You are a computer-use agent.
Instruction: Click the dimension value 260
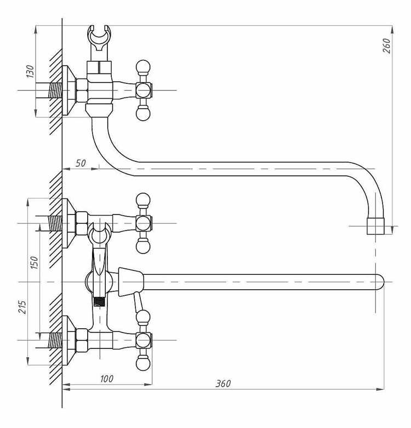click(x=387, y=46)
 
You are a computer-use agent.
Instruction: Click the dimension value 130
click(x=31, y=71)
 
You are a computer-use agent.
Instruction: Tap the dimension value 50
click(x=81, y=163)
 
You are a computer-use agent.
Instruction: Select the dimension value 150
click(x=35, y=263)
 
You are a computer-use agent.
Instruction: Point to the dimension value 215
click(x=22, y=307)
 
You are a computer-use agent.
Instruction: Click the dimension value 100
click(x=106, y=379)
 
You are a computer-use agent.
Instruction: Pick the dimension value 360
click(x=223, y=384)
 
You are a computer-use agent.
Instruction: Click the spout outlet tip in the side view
click(x=375, y=226)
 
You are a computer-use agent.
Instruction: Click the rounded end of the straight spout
click(x=380, y=281)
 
